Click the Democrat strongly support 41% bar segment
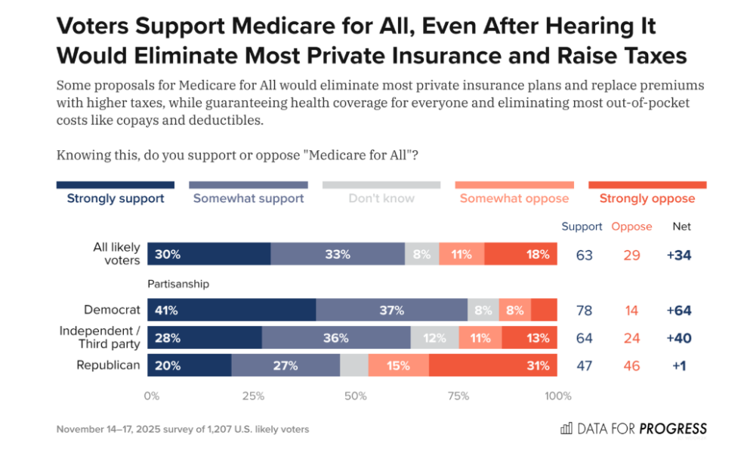click(x=231, y=310)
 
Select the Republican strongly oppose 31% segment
click(x=492, y=365)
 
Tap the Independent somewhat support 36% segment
click(x=336, y=338)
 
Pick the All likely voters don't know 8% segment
click(x=421, y=254)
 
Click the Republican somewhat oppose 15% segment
click(x=398, y=365)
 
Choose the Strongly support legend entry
click(x=116, y=199)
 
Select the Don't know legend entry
click(x=381, y=199)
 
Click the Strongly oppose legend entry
click(x=647, y=199)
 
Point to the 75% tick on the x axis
click(x=458, y=396)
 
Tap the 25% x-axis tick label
click(x=253, y=396)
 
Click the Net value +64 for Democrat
click(x=679, y=310)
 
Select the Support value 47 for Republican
click(x=584, y=366)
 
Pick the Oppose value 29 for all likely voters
click(x=631, y=255)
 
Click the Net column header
click(x=681, y=226)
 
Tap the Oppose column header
click(x=631, y=226)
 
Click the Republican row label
click(x=108, y=365)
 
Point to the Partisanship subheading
click(x=177, y=284)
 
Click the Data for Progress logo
click(x=633, y=429)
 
